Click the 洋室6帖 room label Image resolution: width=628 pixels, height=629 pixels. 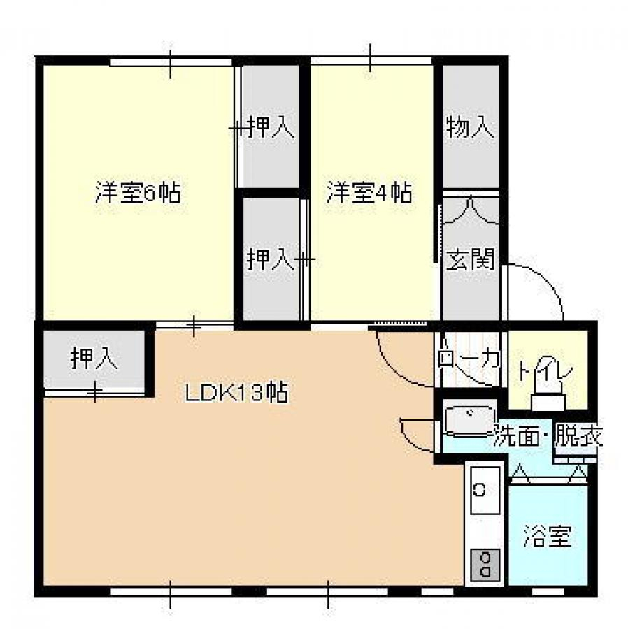pyautogui.click(x=138, y=193)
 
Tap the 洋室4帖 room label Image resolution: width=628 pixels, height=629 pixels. pyautogui.click(x=369, y=193)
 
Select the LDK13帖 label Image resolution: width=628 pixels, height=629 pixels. pyautogui.click(x=236, y=392)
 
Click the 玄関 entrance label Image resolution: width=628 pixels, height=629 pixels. pyautogui.click(x=470, y=259)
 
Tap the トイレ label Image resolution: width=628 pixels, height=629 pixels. pyautogui.click(x=545, y=370)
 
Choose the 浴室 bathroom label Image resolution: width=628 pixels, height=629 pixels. pyautogui.click(x=548, y=536)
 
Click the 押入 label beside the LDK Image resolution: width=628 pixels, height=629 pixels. pyautogui.click(x=94, y=358)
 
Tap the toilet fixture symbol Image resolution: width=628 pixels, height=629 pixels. pyautogui.click(x=548, y=394)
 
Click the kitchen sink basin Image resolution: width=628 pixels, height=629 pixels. pyautogui.click(x=485, y=490)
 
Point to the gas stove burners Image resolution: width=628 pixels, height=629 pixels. pyautogui.click(x=485, y=565)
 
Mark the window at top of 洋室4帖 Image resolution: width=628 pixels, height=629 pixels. pyautogui.click(x=371, y=61)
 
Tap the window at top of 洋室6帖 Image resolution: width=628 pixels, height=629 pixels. pyautogui.click(x=171, y=62)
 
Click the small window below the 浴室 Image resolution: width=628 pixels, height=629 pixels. pyautogui.click(x=548, y=592)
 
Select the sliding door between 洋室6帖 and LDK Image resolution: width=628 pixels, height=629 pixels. pyautogui.click(x=194, y=325)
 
